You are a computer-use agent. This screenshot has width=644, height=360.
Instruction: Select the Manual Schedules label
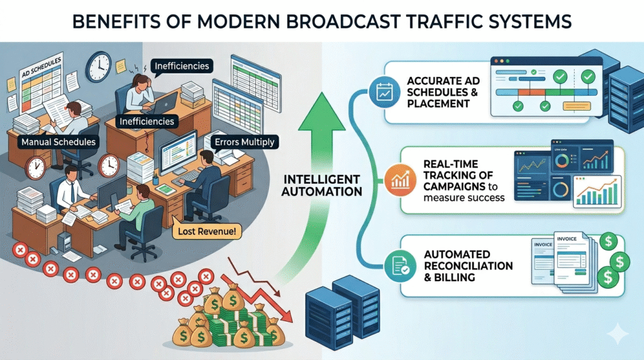pyautogui.click(x=58, y=142)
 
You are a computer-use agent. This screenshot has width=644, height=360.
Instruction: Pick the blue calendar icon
pyautogui.click(x=382, y=91)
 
